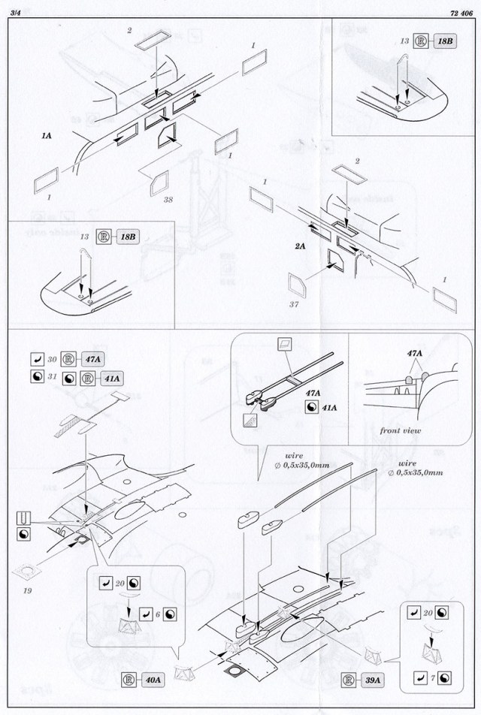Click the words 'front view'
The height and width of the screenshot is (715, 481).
[x=399, y=430]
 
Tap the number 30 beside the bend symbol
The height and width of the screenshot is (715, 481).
[x=52, y=358]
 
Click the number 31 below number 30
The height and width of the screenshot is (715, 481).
[x=52, y=376]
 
